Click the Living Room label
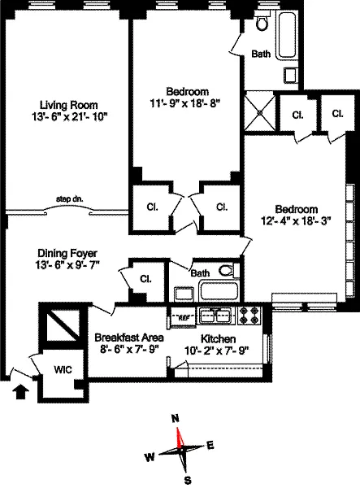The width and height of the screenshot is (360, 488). [x=68, y=105]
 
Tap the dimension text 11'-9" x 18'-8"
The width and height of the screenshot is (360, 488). [x=185, y=102]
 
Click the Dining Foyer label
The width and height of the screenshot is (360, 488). [x=67, y=253]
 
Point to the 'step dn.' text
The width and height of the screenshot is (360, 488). [x=70, y=199]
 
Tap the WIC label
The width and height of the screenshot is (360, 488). [x=63, y=370]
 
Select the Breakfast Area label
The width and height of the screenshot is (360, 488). [x=129, y=338]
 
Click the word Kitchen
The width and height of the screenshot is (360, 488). [x=218, y=338]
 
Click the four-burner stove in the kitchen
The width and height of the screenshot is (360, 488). [x=250, y=316]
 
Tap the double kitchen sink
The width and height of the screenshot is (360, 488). [x=215, y=316]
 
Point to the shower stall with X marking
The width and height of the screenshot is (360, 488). [x=260, y=111]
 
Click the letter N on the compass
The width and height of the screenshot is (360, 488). [x=176, y=419]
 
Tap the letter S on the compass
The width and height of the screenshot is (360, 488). [x=188, y=480]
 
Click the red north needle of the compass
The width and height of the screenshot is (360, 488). [x=180, y=438]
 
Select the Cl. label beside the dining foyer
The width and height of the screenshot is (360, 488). [x=145, y=278]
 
